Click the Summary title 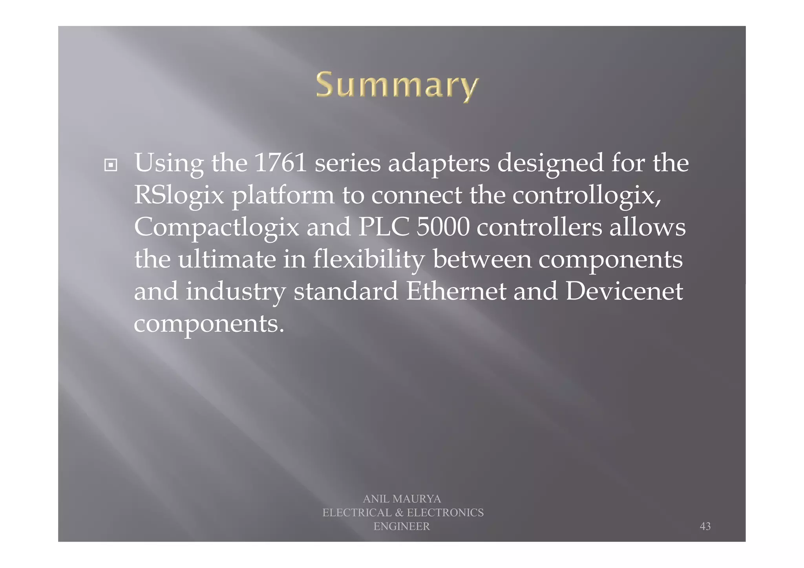point(397,85)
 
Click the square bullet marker point(111,165)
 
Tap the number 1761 point(280,163)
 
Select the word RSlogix point(179,195)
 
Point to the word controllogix point(587,195)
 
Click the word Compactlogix point(216,227)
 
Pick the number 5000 point(442,227)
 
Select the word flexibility point(369,259)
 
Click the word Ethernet point(456,292)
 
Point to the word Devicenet point(624,292)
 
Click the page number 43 point(705,526)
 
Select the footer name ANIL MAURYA point(402,499)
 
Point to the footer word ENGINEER point(402,526)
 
